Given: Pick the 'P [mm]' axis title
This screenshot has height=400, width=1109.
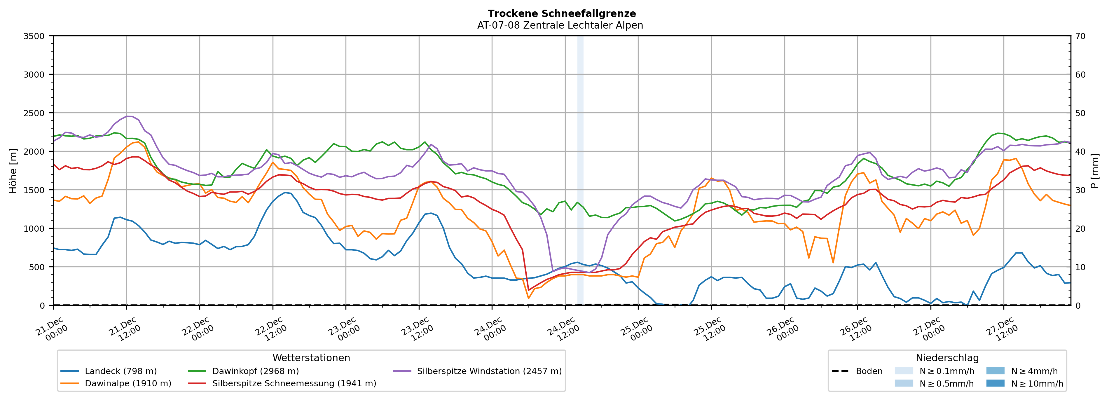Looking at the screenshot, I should click(x=1095, y=170).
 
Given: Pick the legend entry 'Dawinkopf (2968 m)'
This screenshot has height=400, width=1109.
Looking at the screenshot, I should click(x=255, y=371).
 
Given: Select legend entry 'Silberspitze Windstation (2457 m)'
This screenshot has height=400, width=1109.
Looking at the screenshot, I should click(x=489, y=371).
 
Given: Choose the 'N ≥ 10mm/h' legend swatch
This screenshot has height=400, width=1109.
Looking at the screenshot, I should click(x=995, y=383).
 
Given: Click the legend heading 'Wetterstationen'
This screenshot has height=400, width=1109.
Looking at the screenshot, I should click(x=311, y=358).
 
